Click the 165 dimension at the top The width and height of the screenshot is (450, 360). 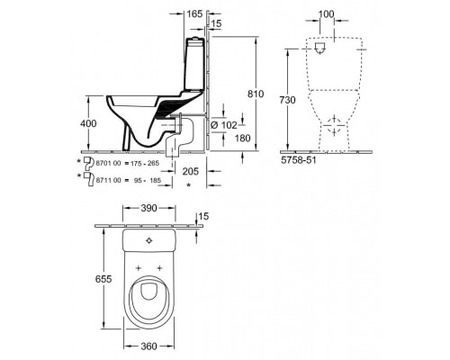point(194,13)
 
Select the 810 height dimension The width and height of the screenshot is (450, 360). point(256,94)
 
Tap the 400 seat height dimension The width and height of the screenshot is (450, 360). point(88,123)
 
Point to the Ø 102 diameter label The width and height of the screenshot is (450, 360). point(224,125)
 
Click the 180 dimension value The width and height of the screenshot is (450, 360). point(242,138)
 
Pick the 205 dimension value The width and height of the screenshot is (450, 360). point(191,171)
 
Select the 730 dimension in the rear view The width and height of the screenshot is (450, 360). point(287,100)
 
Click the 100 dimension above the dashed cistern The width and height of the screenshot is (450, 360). point(326,13)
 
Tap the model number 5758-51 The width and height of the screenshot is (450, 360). point(299,160)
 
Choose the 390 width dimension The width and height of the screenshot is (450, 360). point(148,208)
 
